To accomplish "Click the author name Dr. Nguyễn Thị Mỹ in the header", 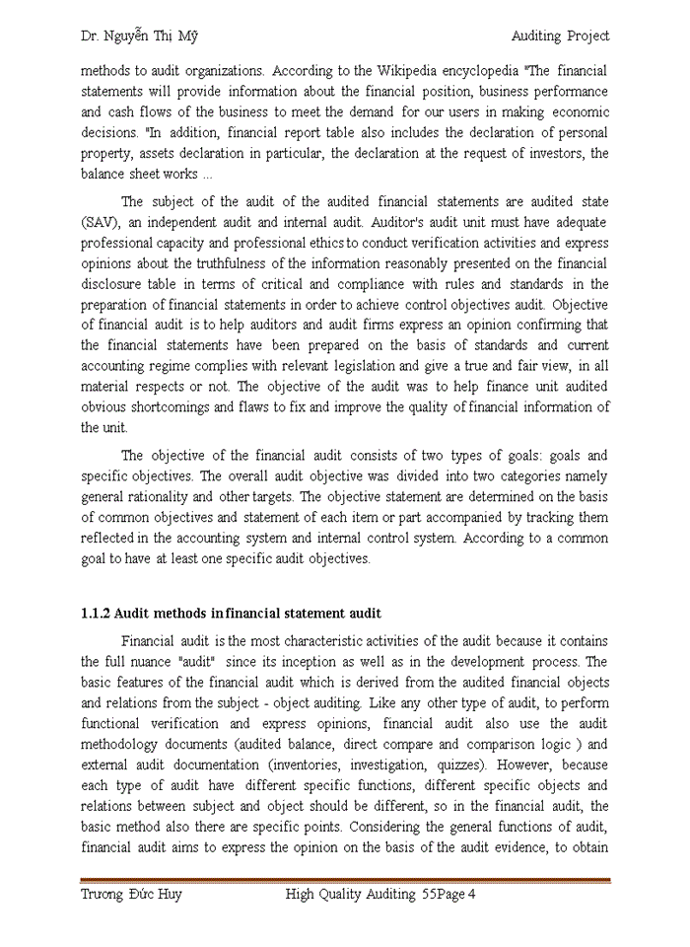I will (139, 36).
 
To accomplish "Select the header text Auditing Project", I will (560, 36).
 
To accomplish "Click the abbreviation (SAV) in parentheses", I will (101, 222).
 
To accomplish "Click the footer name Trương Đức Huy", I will (131, 895).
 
